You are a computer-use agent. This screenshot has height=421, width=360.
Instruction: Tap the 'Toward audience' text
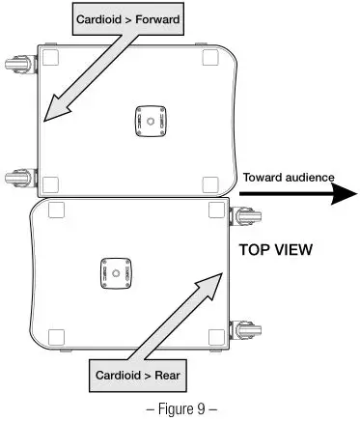[289, 177]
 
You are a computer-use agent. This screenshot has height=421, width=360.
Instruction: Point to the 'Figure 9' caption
[180, 407]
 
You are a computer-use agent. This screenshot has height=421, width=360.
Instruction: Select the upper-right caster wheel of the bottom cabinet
[244, 213]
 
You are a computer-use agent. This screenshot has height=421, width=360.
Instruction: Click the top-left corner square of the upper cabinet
[52, 56]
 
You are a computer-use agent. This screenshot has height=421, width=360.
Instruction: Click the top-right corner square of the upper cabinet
[210, 56]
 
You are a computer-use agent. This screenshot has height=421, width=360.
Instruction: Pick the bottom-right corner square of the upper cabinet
[210, 184]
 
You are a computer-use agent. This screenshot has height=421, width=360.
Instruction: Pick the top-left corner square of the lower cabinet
[55, 210]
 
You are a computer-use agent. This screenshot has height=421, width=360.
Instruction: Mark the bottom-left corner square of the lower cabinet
[55, 339]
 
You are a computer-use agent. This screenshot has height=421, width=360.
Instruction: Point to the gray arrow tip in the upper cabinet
[47, 121]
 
